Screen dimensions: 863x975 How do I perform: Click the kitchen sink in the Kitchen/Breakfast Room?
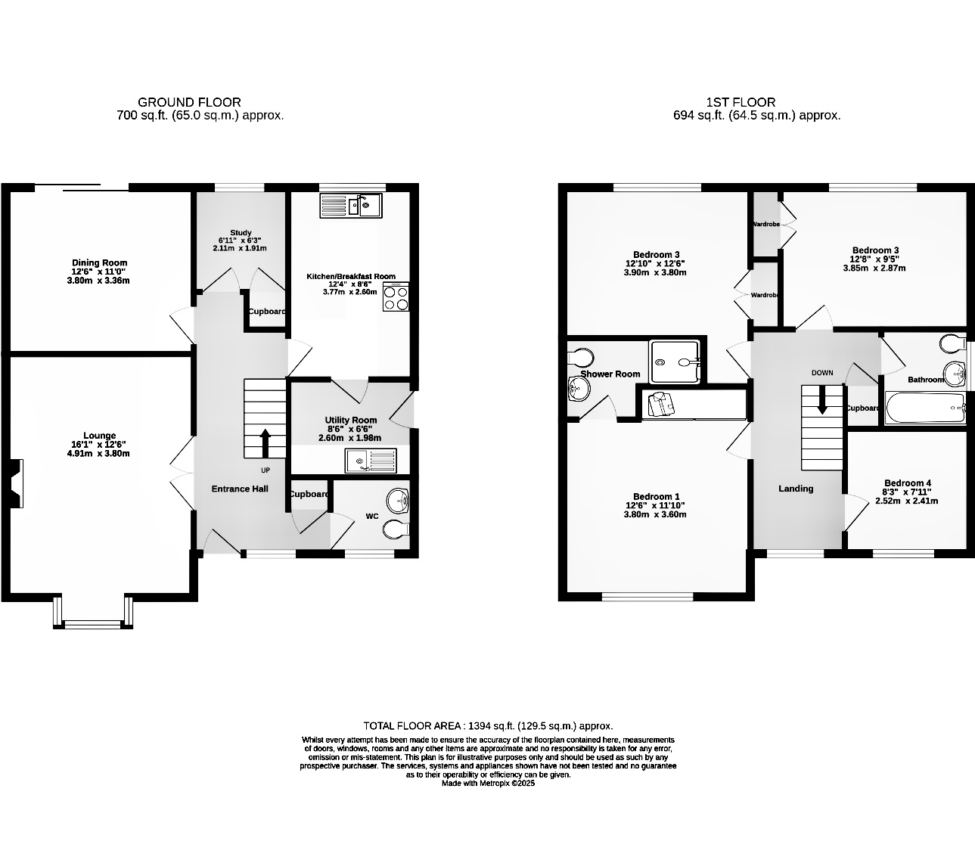352,204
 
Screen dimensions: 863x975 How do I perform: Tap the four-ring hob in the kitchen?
396,297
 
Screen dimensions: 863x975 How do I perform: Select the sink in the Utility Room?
370,459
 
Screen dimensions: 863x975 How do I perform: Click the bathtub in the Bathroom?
925,408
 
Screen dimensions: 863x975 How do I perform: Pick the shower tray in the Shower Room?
675,362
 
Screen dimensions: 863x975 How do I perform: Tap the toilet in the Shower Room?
581,355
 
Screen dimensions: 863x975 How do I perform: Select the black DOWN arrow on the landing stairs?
822,401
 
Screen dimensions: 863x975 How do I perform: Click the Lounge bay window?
93,614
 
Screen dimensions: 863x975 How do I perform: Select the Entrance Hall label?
240,489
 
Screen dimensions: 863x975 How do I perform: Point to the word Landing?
796,489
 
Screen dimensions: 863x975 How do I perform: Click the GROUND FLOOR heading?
189,102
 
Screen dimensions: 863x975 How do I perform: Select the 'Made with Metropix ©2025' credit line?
488,784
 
